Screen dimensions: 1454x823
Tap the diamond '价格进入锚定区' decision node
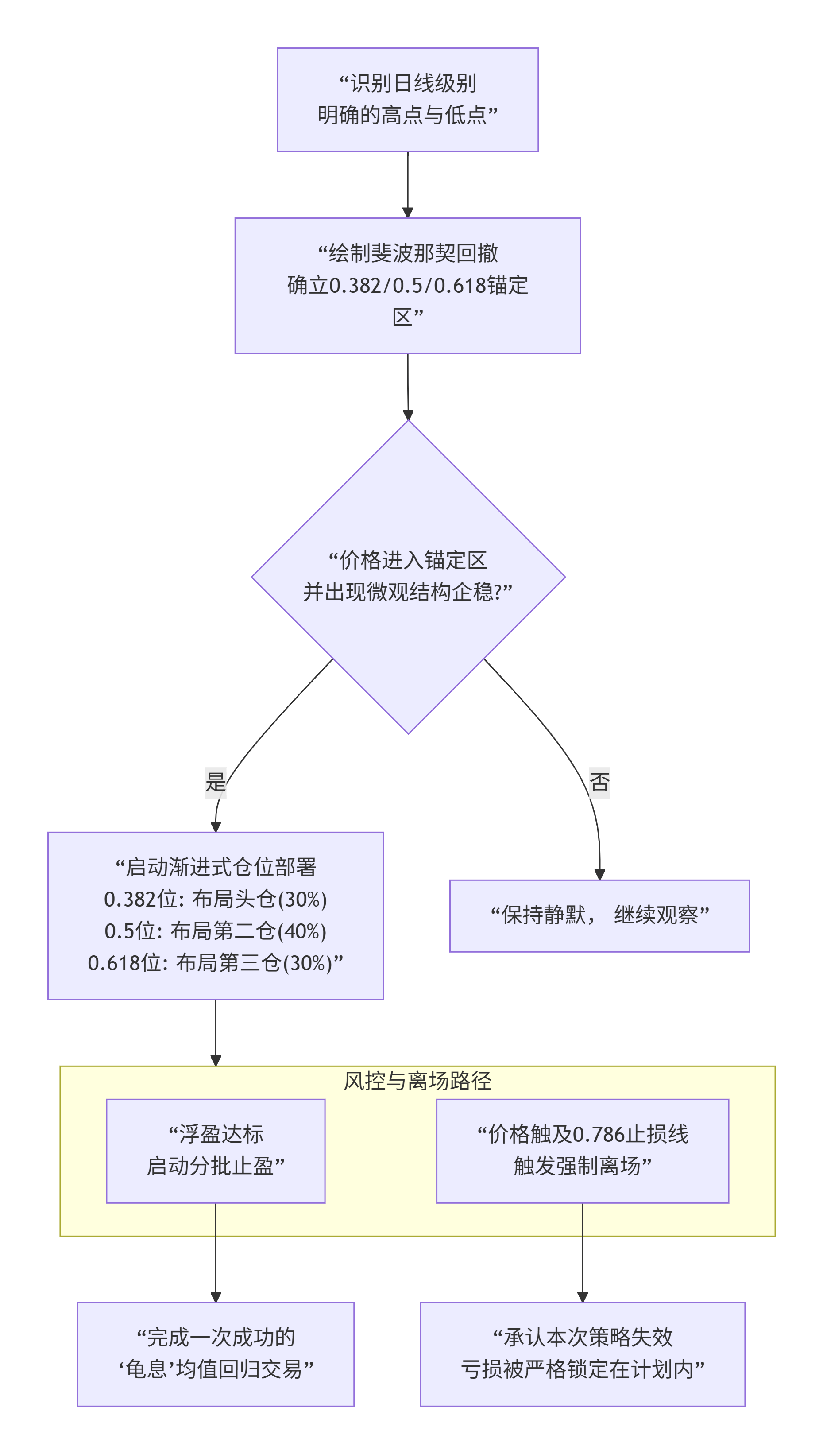click(x=408, y=577)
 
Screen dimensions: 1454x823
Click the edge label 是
click(x=215, y=783)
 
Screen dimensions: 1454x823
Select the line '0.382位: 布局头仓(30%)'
click(x=215, y=900)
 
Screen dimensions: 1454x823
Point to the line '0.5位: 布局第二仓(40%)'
click(x=215, y=931)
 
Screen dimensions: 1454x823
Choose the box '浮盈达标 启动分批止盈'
click(x=215, y=1151)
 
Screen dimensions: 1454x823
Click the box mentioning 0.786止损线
click(x=582, y=1151)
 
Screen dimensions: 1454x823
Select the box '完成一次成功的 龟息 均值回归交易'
click(x=215, y=1354)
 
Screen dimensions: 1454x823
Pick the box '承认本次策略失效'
click(x=582, y=1354)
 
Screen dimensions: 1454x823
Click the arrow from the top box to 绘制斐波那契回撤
click(x=408, y=184)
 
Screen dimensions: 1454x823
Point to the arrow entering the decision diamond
click(x=408, y=387)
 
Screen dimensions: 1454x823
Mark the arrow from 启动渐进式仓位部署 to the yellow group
click(x=215, y=1032)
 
